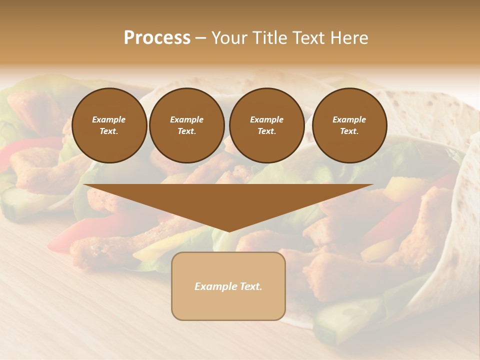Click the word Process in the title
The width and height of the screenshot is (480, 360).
pyautogui.click(x=157, y=38)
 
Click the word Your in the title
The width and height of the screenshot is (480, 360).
pyautogui.click(x=227, y=38)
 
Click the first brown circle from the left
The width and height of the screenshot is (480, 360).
pyautogui.click(x=109, y=125)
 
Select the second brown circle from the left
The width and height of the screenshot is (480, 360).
pyautogui.click(x=187, y=125)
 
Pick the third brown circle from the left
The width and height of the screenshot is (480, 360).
pyautogui.click(x=266, y=125)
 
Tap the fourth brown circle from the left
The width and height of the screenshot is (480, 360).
pyautogui.click(x=349, y=125)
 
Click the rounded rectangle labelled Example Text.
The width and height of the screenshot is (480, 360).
pyautogui.click(x=228, y=286)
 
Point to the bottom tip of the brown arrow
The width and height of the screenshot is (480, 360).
pyautogui.click(x=228, y=231)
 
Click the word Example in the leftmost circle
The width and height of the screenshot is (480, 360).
pyautogui.click(x=109, y=119)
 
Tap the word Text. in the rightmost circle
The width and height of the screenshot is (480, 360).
pyautogui.click(x=349, y=131)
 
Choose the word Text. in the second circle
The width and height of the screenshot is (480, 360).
pyautogui.click(x=187, y=131)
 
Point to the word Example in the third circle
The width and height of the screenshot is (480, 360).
pyautogui.click(x=266, y=119)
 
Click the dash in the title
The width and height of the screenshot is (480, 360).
pyautogui.click(x=201, y=38)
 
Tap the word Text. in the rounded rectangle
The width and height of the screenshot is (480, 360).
pyautogui.click(x=251, y=286)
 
